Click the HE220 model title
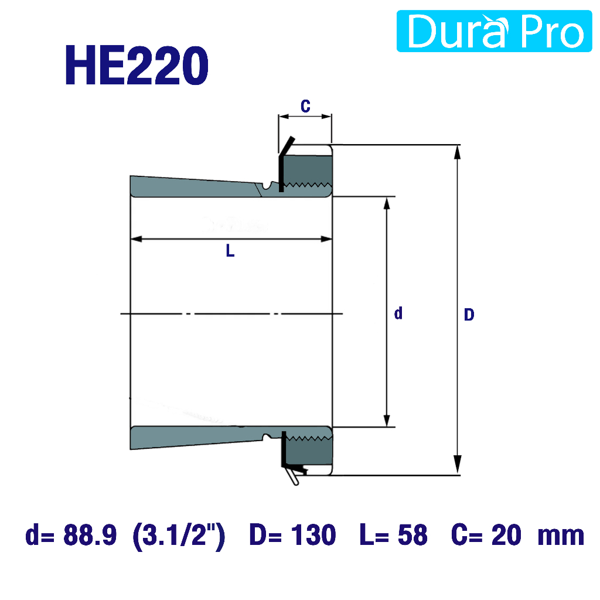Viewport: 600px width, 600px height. click(x=137, y=65)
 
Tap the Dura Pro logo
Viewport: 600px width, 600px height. click(x=494, y=31)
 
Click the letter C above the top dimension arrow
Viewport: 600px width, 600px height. click(x=305, y=106)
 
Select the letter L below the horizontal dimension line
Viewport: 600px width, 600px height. click(x=230, y=251)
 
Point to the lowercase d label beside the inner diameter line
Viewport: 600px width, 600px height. click(x=398, y=313)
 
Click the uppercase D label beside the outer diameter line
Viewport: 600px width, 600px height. click(x=469, y=315)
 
